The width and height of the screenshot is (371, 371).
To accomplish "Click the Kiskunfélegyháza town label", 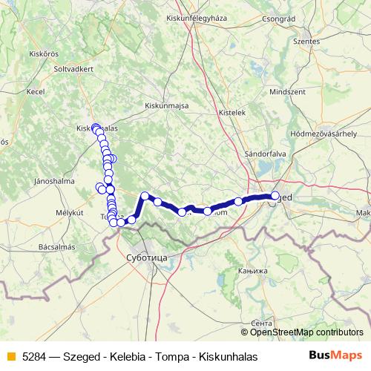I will pos(197,16).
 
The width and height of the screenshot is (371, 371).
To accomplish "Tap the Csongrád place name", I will pos(278,18).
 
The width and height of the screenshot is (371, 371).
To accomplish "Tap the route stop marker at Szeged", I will pos(275,196).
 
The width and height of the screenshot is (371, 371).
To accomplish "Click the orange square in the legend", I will pos(10,355).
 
